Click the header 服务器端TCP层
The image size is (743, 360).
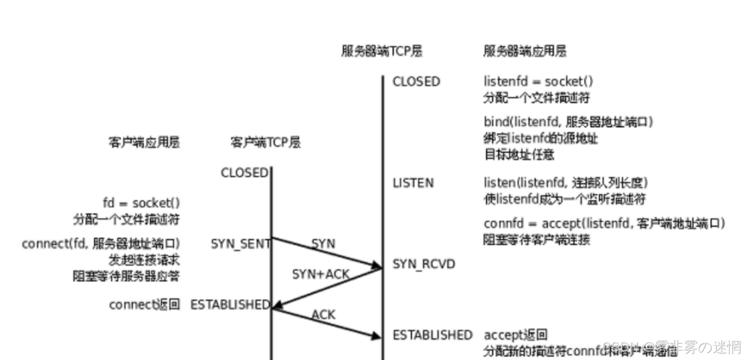click(x=382, y=51)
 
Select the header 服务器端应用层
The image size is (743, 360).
click(x=525, y=51)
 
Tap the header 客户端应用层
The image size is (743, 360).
click(x=144, y=143)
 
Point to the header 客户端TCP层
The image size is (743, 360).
click(x=265, y=143)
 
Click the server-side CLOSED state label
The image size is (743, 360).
click(x=416, y=82)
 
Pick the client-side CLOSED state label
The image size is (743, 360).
click(x=244, y=173)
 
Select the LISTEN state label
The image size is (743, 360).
click(x=413, y=183)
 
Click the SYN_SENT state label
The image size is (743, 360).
click(x=240, y=244)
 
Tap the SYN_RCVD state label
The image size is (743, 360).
click(x=424, y=264)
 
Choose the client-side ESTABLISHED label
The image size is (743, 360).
click(x=230, y=304)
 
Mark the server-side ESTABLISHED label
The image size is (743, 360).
click(x=432, y=335)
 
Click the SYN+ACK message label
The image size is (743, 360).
click(x=321, y=274)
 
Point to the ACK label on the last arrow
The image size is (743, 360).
click(x=324, y=315)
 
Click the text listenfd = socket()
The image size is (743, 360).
click(x=538, y=82)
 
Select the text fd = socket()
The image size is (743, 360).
click(x=141, y=203)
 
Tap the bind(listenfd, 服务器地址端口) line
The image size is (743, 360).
click(x=568, y=122)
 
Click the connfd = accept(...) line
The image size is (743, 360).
click(x=604, y=224)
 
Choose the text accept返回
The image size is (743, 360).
click(x=515, y=335)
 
